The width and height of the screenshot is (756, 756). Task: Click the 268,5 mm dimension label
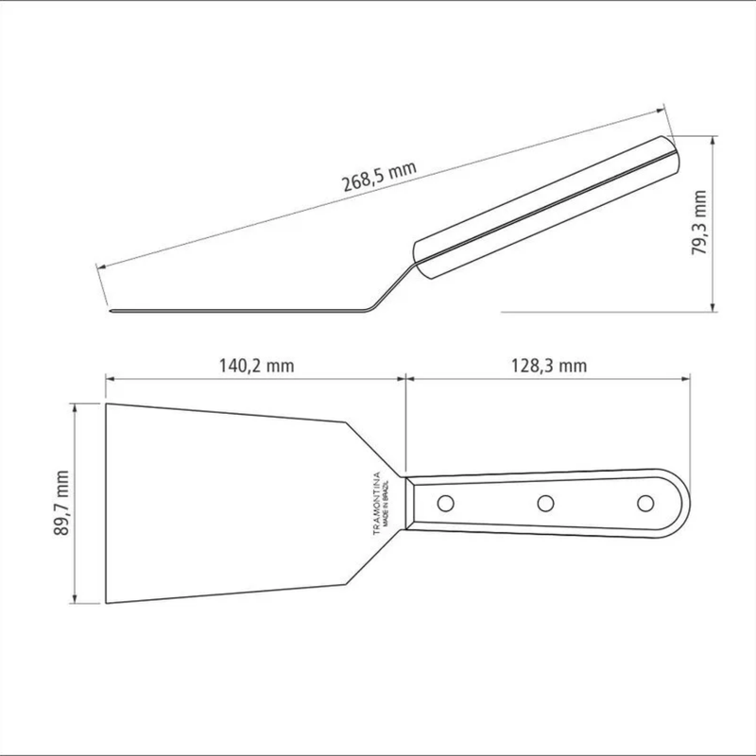379,177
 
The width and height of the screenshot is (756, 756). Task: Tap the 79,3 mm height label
699,223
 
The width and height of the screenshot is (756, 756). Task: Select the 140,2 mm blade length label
256,366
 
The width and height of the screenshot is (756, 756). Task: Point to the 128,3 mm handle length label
549,366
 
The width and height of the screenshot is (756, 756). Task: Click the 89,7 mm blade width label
61,504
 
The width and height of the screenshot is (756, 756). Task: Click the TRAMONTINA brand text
377,503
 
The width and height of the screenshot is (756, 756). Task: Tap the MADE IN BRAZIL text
387,503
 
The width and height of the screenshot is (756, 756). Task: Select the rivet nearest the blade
445,504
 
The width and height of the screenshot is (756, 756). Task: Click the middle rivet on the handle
545,504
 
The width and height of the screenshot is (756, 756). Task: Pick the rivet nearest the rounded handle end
645,504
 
